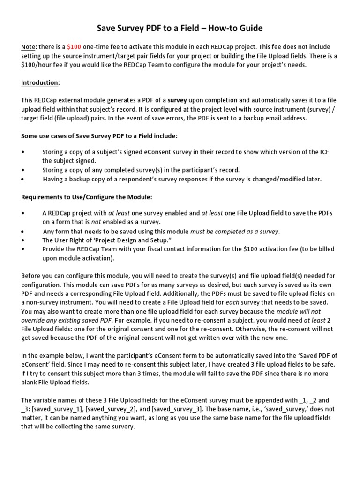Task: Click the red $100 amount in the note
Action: click(x=74, y=47)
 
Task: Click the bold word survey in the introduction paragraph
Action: click(x=177, y=100)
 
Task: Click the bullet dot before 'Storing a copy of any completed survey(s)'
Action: click(x=23, y=170)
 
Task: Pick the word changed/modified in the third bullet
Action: click(x=281, y=179)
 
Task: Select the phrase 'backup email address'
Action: click(x=274, y=118)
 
